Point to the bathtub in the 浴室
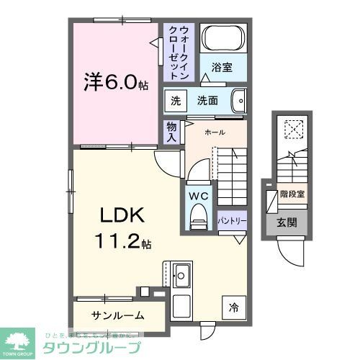222,39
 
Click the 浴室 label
222,69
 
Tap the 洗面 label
208,101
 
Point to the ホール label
215,132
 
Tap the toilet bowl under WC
198,218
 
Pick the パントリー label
232,221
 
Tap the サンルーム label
117,315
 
